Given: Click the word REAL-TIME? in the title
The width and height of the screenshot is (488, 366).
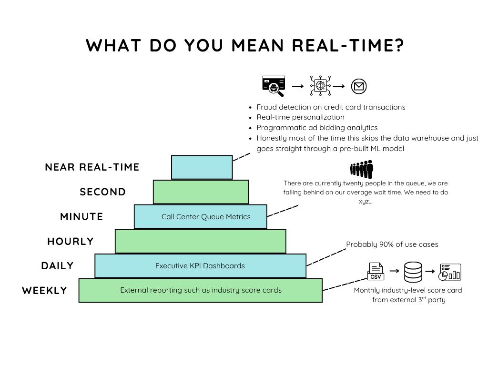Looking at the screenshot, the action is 347,45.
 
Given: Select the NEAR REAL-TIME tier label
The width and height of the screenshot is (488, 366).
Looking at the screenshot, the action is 92,167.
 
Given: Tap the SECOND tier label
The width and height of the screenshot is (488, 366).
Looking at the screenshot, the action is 102,192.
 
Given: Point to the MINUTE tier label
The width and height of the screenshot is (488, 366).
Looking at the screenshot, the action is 81,217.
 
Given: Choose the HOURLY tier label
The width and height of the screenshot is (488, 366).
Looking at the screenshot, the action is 71,242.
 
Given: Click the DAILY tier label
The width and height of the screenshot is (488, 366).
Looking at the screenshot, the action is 57,266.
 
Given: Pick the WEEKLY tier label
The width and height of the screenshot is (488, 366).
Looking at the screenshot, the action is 44,291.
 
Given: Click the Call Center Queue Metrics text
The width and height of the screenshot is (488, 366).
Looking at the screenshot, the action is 206,217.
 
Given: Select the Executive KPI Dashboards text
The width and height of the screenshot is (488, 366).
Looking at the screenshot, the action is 200,266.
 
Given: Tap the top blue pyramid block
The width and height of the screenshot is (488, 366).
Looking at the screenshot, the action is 202,167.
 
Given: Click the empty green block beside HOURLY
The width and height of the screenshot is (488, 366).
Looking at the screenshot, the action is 200,241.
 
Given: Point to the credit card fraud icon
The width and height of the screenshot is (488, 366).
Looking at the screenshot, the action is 274,86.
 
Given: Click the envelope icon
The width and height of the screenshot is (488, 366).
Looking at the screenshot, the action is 359,86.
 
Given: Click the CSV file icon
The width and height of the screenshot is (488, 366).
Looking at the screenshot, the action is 376,271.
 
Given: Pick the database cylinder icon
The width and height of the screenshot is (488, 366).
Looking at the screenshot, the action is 412,272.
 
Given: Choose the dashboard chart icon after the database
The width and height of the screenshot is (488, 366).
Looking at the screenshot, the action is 450,272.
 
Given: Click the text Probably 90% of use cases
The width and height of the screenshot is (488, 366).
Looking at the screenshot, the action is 392,244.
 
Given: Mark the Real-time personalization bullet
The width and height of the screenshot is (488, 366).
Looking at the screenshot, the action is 300,117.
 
